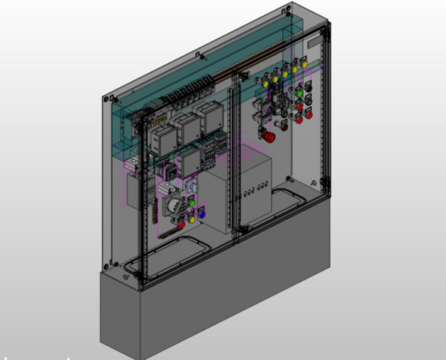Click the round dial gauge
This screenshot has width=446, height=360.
click(172, 206)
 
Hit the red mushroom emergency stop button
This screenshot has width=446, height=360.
click(270, 137)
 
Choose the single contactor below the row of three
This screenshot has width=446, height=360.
click(192, 162)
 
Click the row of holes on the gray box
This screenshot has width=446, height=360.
click(252, 191)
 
